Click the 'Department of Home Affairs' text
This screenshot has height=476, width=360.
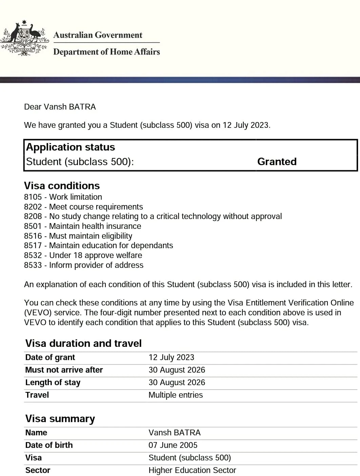[106, 52]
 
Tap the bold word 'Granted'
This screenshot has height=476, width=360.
[277, 162]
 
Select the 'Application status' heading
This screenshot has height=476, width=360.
[71, 147]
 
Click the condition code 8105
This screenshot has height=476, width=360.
[33, 197]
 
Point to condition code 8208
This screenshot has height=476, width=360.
[33, 216]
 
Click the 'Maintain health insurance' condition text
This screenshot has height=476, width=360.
[95, 226]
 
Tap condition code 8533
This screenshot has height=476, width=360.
[33, 265]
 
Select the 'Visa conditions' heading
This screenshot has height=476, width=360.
[62, 186]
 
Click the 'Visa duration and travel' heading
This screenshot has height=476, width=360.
[83, 343]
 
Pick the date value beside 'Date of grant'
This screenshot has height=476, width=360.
[171, 357]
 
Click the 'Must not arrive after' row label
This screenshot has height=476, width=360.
[64, 370]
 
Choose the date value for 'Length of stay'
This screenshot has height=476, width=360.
[177, 382]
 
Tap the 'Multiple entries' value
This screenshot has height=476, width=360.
[176, 395]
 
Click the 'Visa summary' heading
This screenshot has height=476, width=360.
[60, 419]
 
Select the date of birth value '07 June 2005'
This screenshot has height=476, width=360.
[173, 445]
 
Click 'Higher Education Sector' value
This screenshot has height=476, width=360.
[192, 470]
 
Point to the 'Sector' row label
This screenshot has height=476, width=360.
[38, 470]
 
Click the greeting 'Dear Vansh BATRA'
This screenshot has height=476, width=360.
[60, 107]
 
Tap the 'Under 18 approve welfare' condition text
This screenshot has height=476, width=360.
[96, 255]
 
